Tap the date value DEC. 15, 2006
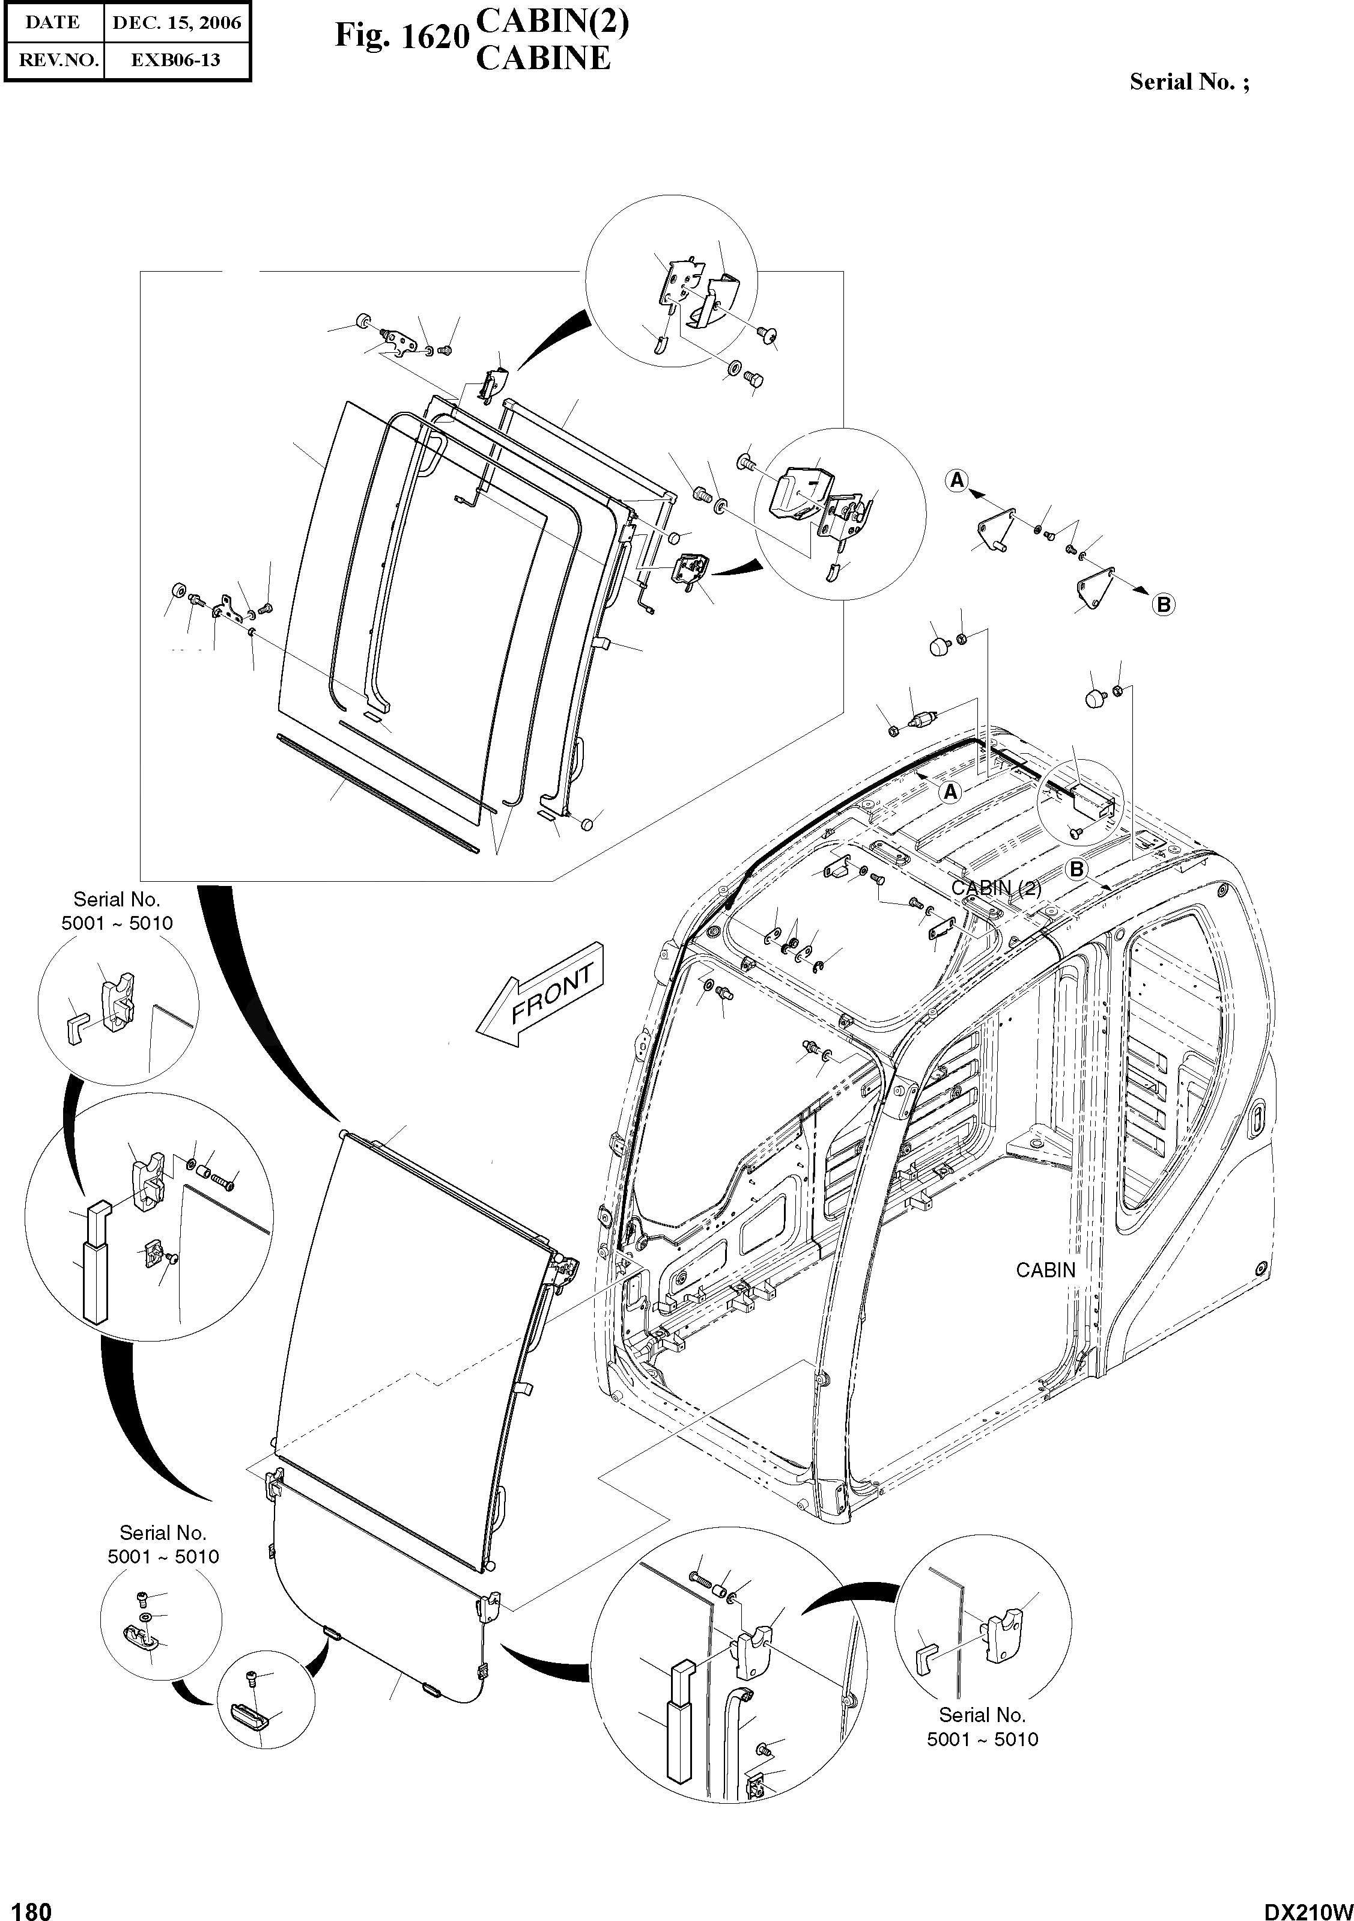coord(177,23)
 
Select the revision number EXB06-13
coord(177,60)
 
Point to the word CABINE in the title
coord(543,58)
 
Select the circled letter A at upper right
coord(957,480)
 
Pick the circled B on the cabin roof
coord(1076,869)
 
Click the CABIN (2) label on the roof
coord(996,888)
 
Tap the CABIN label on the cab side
coord(1045,1270)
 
